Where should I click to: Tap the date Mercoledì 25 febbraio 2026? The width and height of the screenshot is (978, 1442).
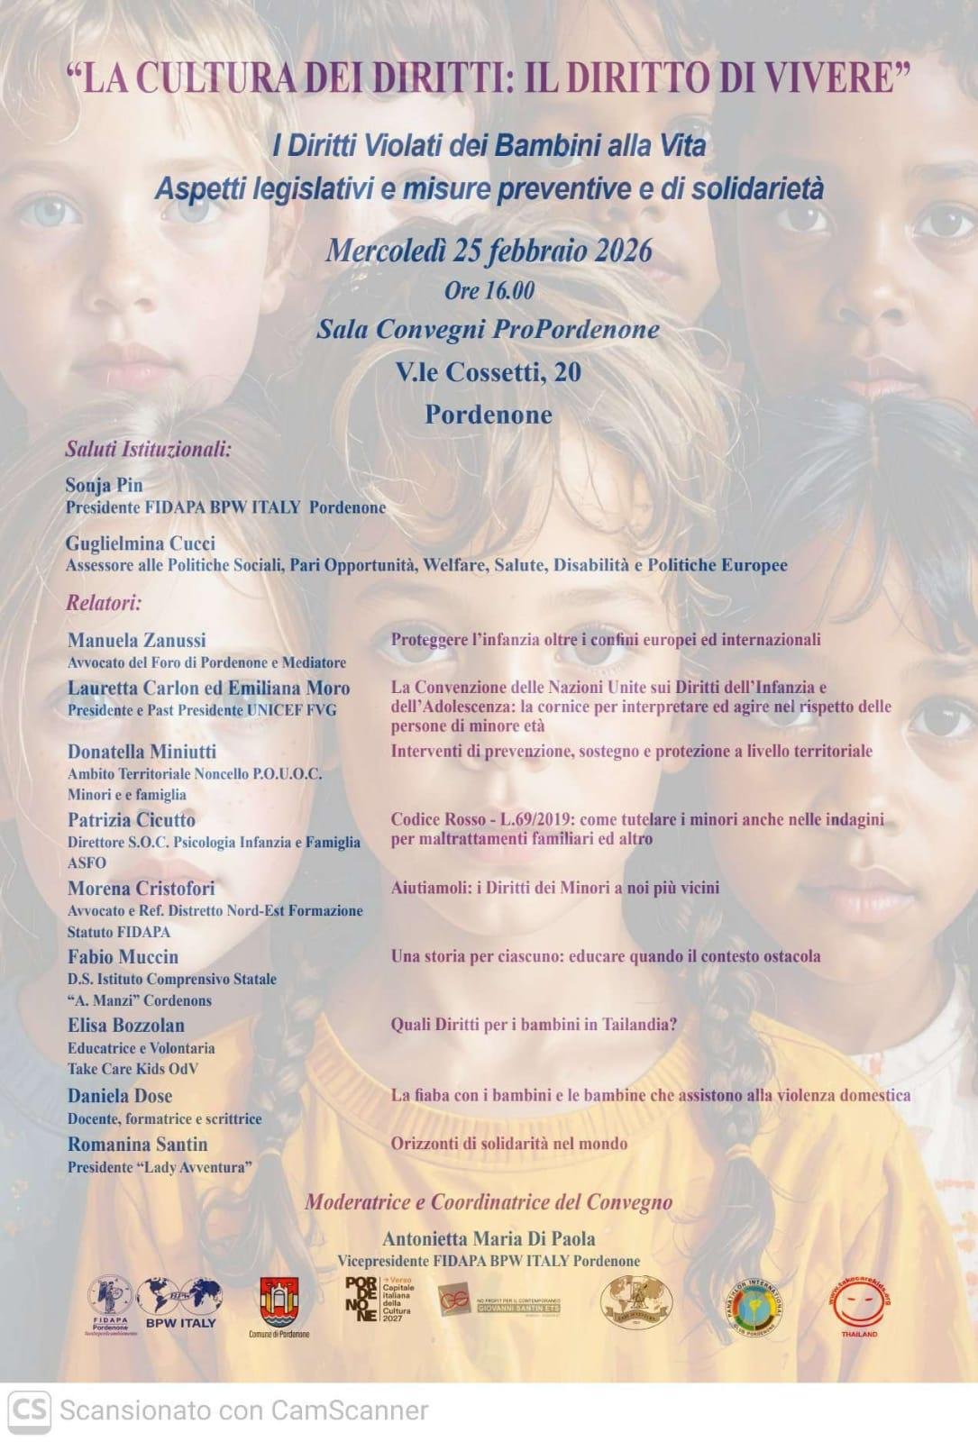(489, 250)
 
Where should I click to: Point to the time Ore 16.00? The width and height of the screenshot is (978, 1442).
(489, 290)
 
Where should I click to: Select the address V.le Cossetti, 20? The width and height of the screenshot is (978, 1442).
(489, 371)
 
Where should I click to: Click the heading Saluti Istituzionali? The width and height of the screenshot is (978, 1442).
(148, 449)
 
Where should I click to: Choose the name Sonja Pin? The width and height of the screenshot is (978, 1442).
(104, 485)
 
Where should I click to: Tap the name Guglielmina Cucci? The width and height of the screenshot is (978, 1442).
(140, 543)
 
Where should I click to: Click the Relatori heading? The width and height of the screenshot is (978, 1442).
(103, 603)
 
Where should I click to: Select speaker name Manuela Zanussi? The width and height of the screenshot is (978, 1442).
(136, 640)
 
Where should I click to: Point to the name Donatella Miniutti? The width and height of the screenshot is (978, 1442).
(142, 752)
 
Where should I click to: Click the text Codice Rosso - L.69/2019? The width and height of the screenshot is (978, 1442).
(483, 819)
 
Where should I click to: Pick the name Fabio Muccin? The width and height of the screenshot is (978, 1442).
(123, 957)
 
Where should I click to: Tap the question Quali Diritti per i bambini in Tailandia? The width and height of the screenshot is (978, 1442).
(534, 1025)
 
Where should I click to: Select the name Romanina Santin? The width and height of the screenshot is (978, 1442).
(137, 1145)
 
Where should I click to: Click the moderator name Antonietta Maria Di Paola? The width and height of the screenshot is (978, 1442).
(489, 1238)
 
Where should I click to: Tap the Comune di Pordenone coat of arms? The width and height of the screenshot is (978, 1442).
(279, 1302)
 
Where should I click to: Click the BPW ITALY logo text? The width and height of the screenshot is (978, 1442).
(180, 1323)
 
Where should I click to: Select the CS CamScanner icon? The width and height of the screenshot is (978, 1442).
(29, 1410)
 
